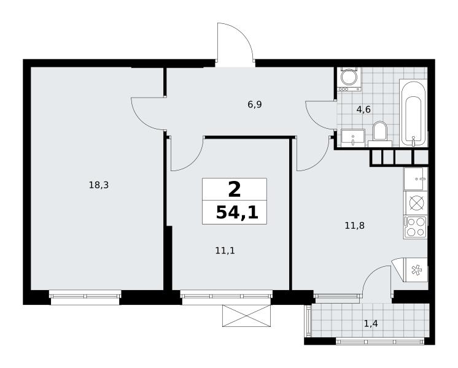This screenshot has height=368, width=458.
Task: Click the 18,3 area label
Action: pos(99,185)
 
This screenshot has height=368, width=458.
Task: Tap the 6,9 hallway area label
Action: pos(255,104)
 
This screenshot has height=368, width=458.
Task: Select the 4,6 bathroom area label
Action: pos(363,109)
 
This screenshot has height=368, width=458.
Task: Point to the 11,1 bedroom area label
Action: pos(225,250)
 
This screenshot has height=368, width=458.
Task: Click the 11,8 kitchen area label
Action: pos(355,225)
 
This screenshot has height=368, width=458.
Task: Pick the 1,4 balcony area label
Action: pos(371,323)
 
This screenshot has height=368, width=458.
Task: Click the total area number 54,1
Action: pos(237,212)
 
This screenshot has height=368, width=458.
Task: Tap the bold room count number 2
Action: pos(235,190)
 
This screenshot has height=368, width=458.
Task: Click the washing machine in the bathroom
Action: pos(349,79)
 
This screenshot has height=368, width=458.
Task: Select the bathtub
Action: pos(413,112)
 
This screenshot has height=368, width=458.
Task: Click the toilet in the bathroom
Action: pos(380,134)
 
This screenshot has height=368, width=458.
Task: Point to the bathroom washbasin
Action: pos(353,138)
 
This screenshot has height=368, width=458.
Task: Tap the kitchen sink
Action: pos(416,178)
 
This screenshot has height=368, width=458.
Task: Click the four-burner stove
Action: pos(415,227)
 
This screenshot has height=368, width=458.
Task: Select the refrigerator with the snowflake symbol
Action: pos(415,270)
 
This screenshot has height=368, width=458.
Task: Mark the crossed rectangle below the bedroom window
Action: pos(247,316)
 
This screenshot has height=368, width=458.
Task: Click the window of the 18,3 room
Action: pos(85,297)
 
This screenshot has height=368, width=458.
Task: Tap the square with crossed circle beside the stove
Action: pos(416,203)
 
